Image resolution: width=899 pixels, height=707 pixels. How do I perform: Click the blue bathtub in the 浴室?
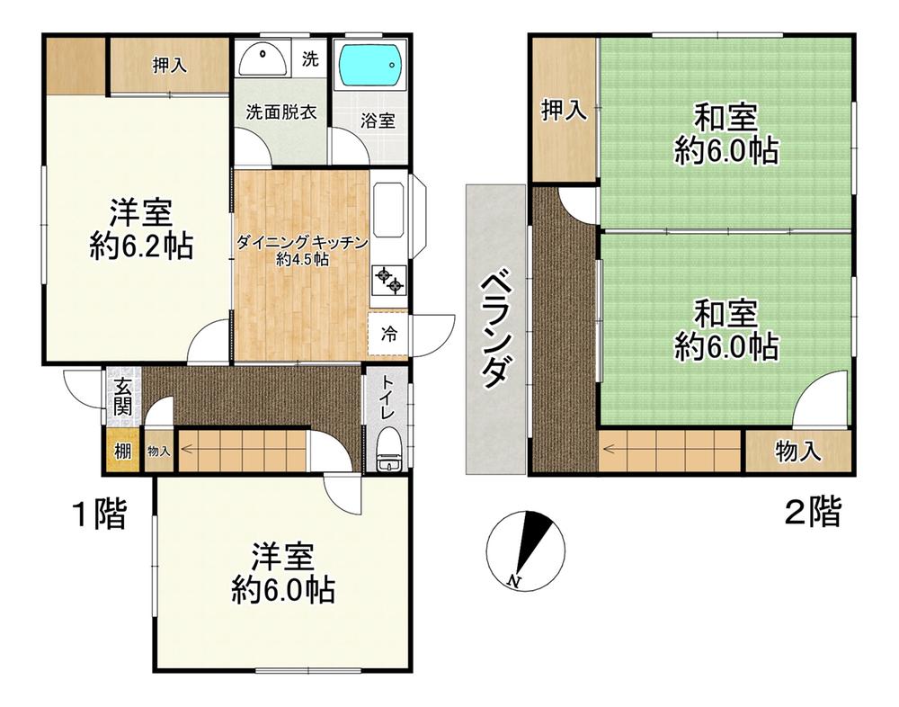tap(369, 64)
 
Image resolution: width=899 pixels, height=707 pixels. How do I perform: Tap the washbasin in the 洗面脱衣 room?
tap(263, 58)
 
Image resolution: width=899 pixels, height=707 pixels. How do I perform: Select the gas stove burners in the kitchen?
tap(389, 280)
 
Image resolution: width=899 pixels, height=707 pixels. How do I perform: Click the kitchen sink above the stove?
tap(388, 210)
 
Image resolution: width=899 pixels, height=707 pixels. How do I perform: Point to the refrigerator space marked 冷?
tap(388, 334)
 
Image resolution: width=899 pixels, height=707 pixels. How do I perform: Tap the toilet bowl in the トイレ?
tap(388, 451)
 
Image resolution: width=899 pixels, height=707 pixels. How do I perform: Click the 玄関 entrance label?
tap(122, 397)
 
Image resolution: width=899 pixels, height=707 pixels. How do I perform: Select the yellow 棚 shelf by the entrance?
tap(122, 451)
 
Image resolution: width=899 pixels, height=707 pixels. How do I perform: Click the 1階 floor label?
tap(99, 514)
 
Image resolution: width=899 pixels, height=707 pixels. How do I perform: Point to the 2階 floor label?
tap(813, 512)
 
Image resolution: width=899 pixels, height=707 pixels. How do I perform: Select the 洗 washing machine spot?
tap(310, 58)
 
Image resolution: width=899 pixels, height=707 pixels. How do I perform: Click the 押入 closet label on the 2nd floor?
tap(565, 110)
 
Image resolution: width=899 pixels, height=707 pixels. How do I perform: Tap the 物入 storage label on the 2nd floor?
tap(798, 452)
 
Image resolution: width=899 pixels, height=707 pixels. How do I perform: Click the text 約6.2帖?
tap(140, 246)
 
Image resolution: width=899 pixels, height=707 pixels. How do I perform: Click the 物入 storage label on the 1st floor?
tap(158, 452)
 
